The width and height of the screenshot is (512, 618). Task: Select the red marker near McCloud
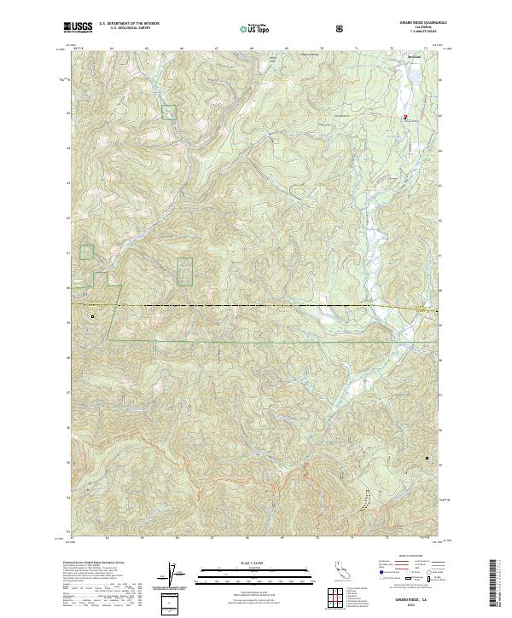405,117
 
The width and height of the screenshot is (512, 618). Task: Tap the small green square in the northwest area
169,111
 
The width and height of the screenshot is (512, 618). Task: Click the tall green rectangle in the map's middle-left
184,271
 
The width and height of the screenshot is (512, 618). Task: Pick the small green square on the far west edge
86,251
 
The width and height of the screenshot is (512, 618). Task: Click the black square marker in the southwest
92,317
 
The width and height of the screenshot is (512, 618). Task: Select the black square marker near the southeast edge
428,465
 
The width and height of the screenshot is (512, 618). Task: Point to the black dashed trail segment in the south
367,503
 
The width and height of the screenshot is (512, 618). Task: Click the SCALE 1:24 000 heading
244,563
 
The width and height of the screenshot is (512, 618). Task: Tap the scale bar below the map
244,575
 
